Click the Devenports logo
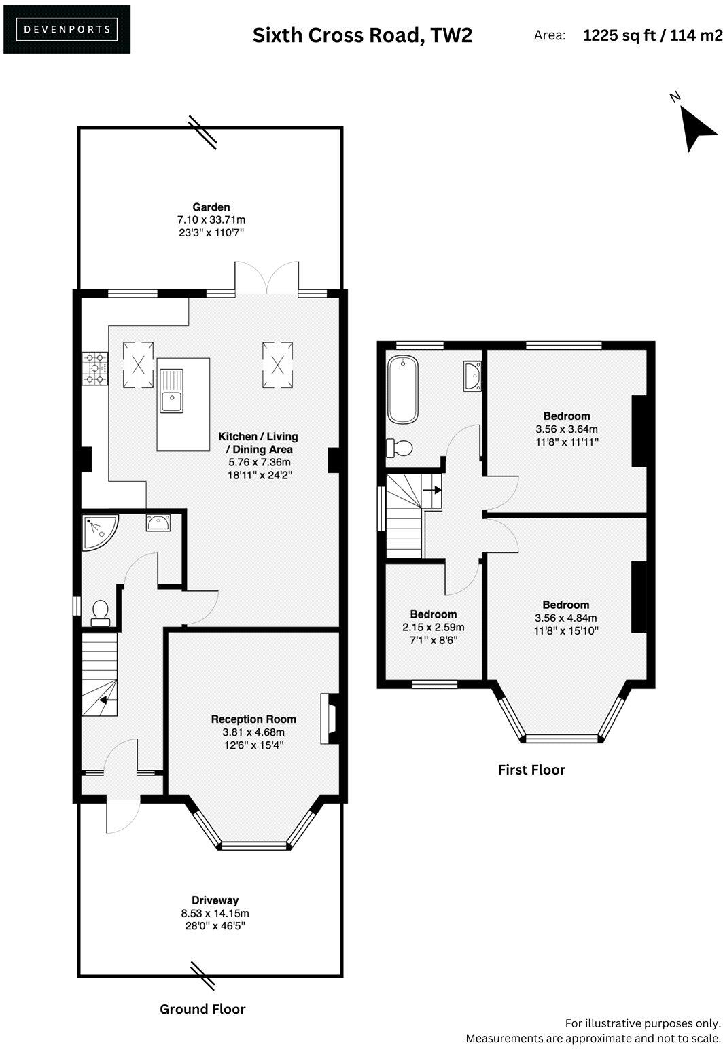pos(67,29)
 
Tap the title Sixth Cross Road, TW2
pos(361,35)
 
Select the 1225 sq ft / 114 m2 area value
pos(652,35)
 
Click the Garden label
pos(211,207)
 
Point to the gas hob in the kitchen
pos(94,368)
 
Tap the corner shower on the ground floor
pos(97,531)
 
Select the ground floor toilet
pos(101,612)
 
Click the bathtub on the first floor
pos(402,390)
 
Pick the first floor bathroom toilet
pos(399,448)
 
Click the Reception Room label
pos(253,719)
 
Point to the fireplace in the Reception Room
pos(330,719)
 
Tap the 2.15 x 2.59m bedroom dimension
pos(433,627)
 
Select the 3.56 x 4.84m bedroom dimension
pos(565,618)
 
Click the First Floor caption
pos(531,770)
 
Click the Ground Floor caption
pos(202,1009)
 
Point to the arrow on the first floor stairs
pos(431,488)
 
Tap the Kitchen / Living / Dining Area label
pos(258,443)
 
